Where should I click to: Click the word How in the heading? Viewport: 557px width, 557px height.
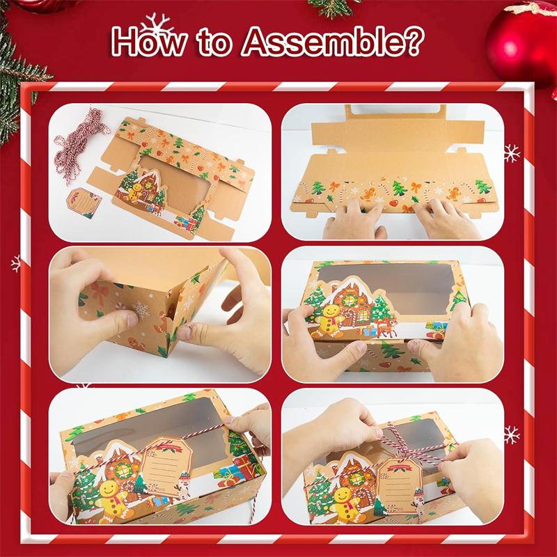[x=149, y=42]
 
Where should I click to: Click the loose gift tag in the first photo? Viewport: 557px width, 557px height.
[x=84, y=203]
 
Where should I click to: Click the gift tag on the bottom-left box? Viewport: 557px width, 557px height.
[x=166, y=466]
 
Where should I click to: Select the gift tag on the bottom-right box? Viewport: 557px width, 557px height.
[x=400, y=485]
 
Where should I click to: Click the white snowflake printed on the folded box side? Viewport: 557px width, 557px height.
[x=141, y=309]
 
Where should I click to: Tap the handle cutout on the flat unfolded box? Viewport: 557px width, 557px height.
[x=395, y=111]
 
